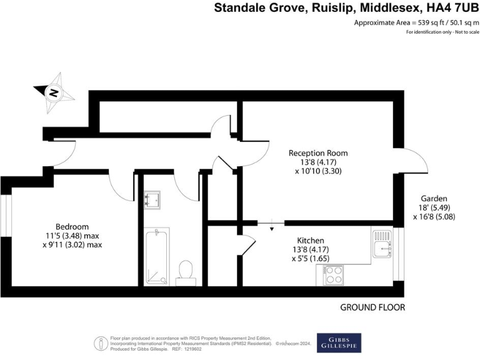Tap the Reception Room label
click(x=318, y=152)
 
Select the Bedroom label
click(x=72, y=226)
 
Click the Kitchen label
click(x=311, y=239)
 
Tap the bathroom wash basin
click(x=152, y=199)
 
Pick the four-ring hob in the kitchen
click(x=334, y=275)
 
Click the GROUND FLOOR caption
click(x=372, y=307)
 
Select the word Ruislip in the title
click(x=327, y=8)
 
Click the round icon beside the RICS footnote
click(x=100, y=342)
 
